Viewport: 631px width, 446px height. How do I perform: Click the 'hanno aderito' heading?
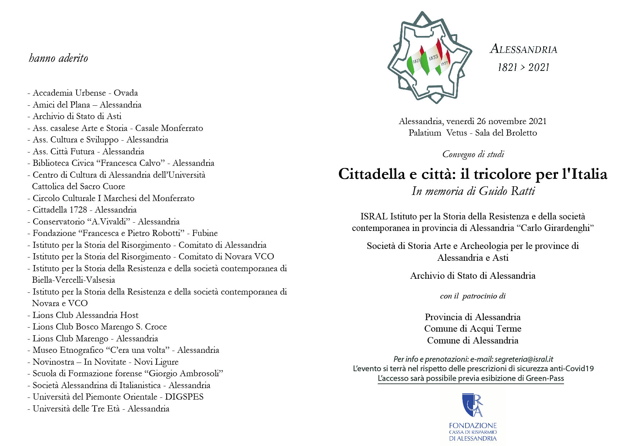pos(58,58)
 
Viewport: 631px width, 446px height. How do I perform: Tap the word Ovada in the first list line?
pos(126,93)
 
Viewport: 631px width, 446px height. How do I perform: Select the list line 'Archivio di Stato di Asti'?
pos(77,116)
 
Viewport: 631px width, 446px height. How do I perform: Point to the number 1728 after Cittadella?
pos(78,210)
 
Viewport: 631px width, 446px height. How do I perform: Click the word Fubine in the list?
pos(205,233)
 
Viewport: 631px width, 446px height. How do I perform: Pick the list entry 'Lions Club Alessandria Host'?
pos(85,315)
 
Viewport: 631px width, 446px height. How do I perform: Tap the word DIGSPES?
pos(184,397)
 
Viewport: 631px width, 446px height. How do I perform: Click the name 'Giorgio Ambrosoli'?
pos(186,373)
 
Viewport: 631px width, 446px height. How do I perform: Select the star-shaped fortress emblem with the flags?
pos(430,58)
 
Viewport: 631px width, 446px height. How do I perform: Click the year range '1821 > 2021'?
pos(523,67)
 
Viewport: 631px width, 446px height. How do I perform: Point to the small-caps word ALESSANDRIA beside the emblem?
pos(523,49)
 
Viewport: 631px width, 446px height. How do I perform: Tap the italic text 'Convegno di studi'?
pos(473,154)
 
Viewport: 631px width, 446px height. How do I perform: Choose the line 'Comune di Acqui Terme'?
pos(473,328)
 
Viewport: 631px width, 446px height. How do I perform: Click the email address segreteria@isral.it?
pos(524,359)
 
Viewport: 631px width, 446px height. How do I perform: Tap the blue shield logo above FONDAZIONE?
pos(472,405)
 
